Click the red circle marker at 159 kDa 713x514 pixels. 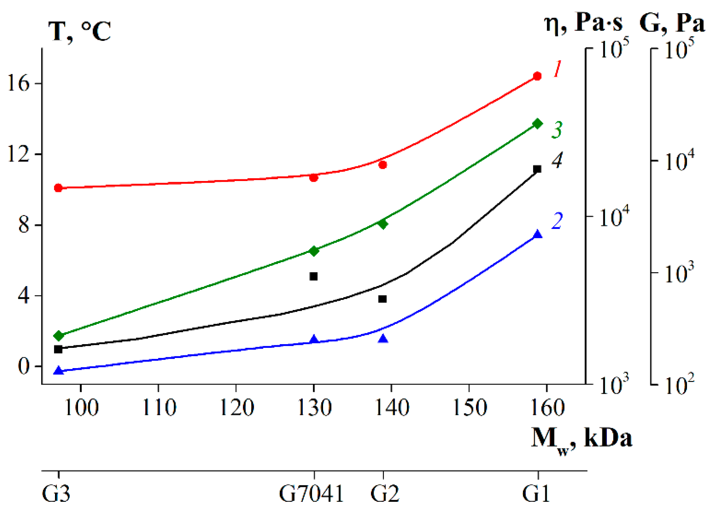(537, 76)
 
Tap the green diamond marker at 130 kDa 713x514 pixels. (314, 251)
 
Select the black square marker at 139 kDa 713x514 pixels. (382, 299)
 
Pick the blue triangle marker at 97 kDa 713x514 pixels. (59, 371)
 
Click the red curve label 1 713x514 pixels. (557, 69)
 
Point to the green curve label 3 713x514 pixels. (557, 130)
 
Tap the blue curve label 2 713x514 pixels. (557, 221)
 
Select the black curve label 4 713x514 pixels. (557, 160)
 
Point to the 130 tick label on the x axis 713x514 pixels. (314, 408)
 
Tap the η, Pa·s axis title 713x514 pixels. (584, 23)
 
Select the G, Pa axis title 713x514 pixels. (671, 23)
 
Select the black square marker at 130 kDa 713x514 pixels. (314, 277)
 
